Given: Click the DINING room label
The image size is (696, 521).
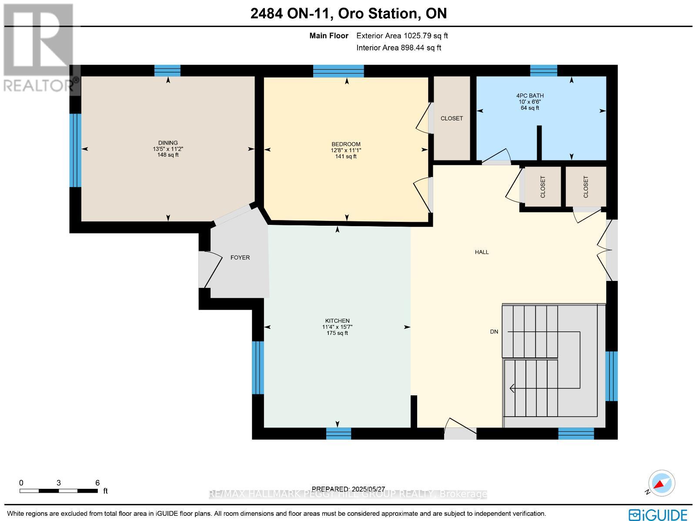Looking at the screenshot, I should (x=168, y=143).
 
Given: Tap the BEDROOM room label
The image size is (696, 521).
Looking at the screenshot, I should (x=346, y=144).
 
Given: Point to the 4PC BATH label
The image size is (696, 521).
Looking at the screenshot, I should (x=530, y=96).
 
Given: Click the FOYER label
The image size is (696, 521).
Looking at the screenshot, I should (x=240, y=257).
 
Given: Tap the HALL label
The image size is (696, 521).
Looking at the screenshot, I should (x=482, y=252).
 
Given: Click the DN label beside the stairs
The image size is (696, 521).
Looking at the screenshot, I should (x=494, y=331).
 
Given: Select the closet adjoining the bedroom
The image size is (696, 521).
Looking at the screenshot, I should (x=452, y=118).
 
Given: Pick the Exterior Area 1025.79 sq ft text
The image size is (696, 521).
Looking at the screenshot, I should (x=402, y=36).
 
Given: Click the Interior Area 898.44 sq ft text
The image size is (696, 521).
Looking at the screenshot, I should (x=398, y=48).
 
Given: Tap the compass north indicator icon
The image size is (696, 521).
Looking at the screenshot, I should (x=661, y=484).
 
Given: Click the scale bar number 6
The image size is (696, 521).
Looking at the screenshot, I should (x=97, y=483).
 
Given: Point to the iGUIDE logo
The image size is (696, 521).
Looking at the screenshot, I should (x=658, y=514).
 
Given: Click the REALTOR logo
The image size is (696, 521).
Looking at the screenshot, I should (x=39, y=48).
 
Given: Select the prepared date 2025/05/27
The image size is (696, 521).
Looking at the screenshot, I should (x=348, y=489).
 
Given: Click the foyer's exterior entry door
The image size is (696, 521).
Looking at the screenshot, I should (x=209, y=270).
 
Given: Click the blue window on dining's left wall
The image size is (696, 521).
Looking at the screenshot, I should (x=76, y=150).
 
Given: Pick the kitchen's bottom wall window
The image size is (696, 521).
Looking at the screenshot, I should (x=338, y=433).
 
